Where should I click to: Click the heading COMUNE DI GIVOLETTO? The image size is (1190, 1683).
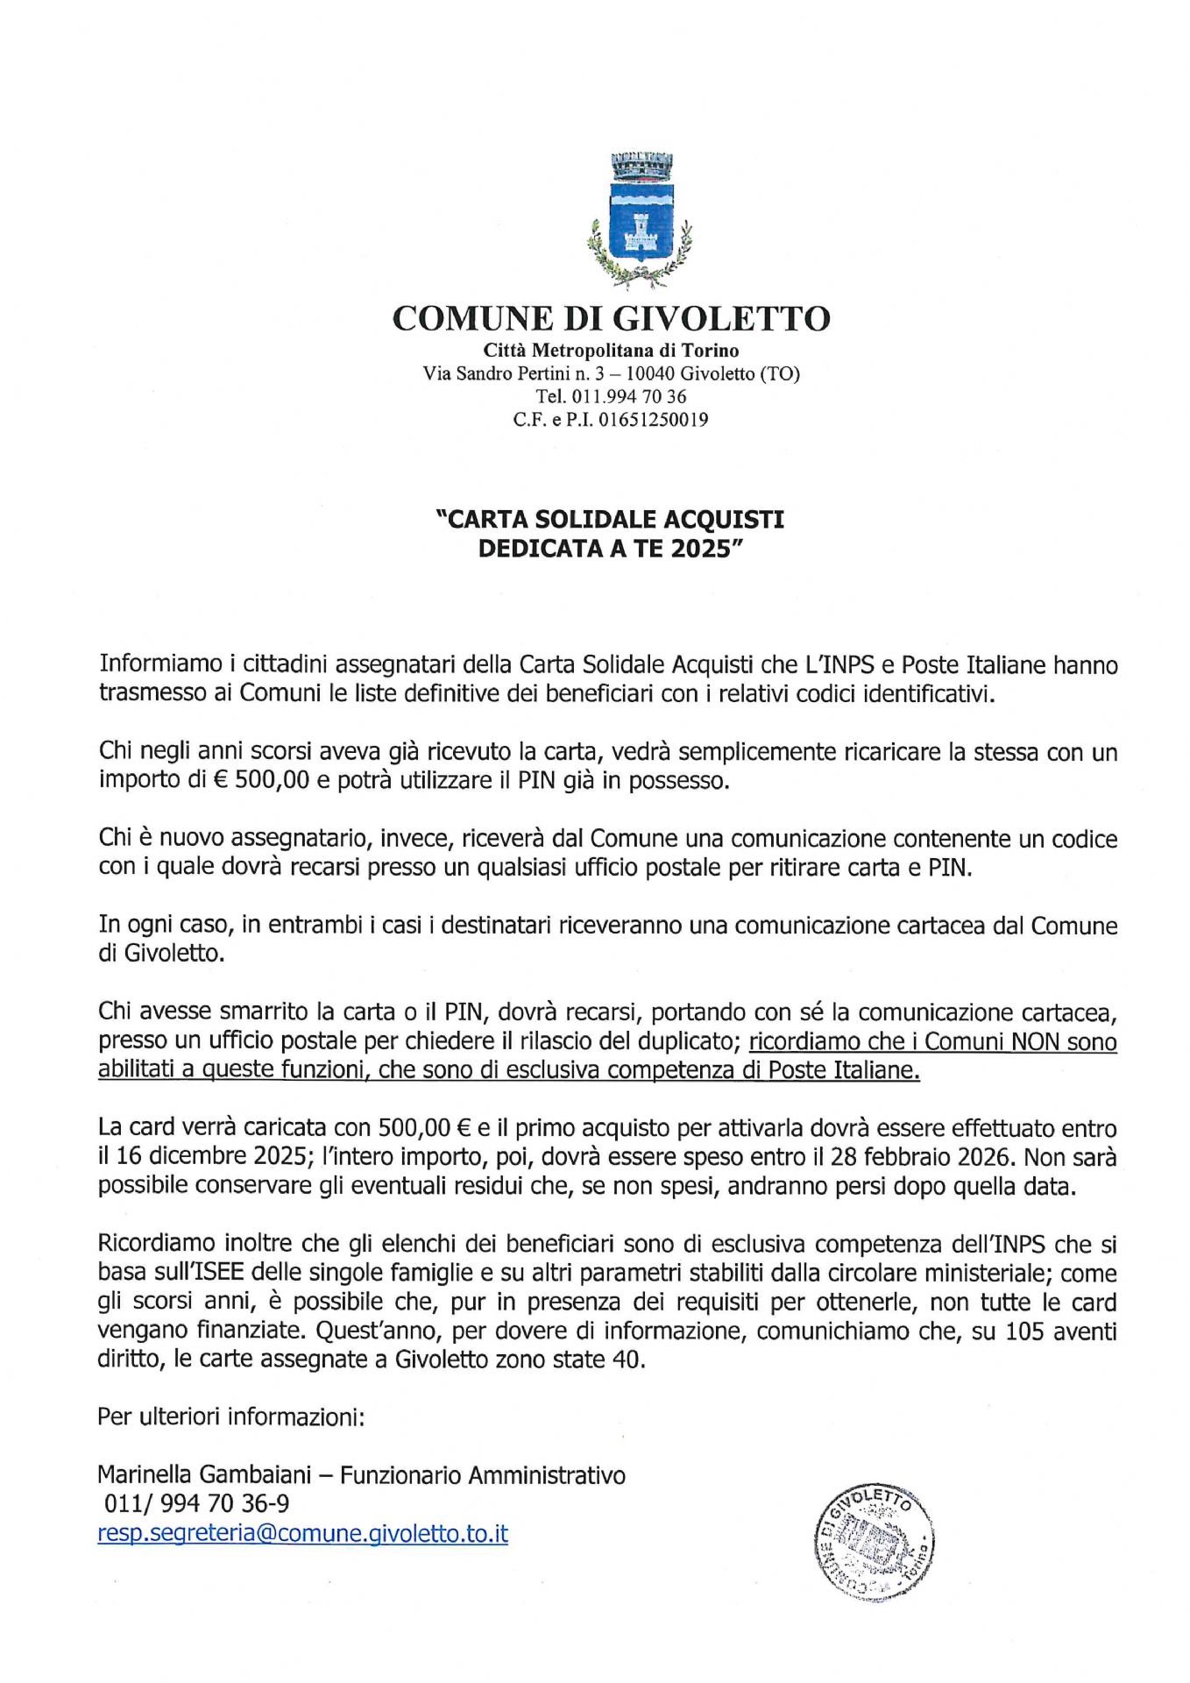[611, 318]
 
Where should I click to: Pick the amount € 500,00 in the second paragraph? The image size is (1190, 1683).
[261, 780]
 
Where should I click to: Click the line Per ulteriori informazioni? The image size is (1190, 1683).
[230, 1417]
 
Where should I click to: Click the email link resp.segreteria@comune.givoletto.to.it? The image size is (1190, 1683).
[302, 1533]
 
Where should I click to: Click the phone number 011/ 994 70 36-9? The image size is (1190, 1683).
[196, 1504]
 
